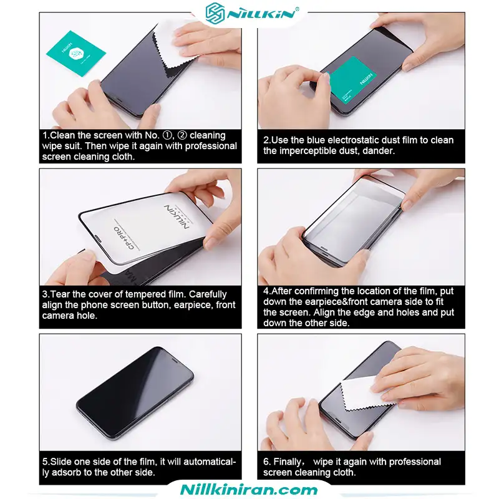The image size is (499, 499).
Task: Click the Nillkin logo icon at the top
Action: point(216,13)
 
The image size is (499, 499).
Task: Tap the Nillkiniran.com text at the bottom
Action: point(249,490)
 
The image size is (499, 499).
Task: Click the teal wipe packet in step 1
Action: point(76,54)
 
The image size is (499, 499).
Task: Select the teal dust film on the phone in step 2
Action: point(353,80)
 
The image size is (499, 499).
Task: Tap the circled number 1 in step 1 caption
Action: point(167,135)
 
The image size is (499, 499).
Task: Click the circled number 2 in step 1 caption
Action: point(182,135)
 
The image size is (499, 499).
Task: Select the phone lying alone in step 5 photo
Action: point(135,394)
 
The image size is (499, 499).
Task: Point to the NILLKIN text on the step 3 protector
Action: point(177,216)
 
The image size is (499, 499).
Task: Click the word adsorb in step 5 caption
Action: point(67,472)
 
